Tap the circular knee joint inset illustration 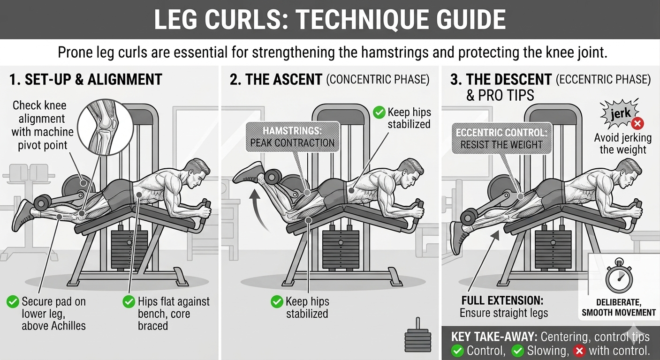106,127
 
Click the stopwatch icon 619,276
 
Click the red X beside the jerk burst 637,123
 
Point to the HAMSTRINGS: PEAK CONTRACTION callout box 292,137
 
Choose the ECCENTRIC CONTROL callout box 501,138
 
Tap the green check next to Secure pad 13,302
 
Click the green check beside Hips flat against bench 129,302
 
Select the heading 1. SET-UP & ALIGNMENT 85,80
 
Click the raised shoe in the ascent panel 247,173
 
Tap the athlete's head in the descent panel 630,173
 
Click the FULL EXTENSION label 502,300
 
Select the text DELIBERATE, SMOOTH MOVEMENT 619,307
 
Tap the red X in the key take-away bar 579,351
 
